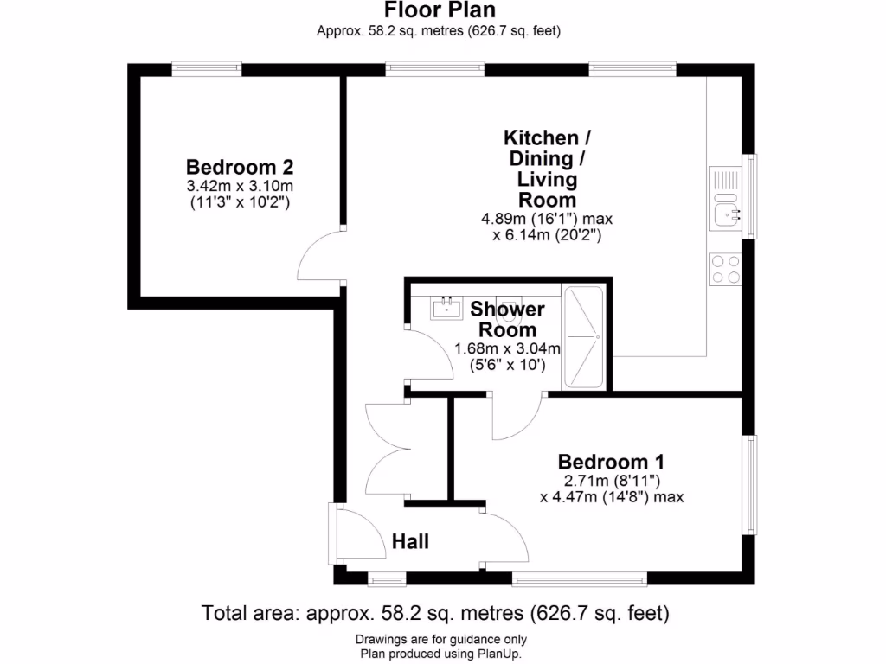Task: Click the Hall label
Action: [x=410, y=542]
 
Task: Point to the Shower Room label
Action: [x=508, y=319]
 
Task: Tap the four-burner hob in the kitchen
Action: [x=725, y=268]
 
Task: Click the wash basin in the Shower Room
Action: [x=447, y=306]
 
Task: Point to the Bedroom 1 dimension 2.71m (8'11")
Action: [x=611, y=480]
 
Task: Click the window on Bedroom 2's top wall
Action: [x=206, y=68]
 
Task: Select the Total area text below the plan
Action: [x=436, y=614]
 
